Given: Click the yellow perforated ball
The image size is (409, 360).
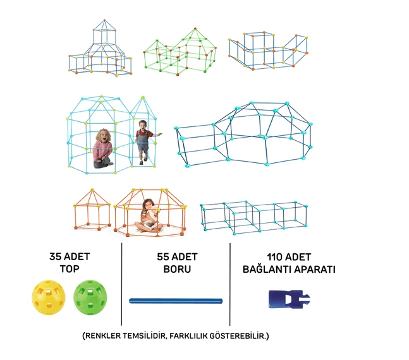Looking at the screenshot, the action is pos(49,297).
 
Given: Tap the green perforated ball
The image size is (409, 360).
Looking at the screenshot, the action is pos(90,297).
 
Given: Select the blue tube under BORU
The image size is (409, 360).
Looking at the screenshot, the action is pos(176,301).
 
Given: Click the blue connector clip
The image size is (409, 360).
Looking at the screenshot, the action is pos(290,299).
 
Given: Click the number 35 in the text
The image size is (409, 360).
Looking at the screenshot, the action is pos(55,256).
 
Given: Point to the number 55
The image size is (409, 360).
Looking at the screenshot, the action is pos(163,257).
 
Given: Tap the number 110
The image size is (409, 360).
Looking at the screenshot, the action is pos(274,257).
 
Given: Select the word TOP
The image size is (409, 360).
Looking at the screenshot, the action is pos(70,269).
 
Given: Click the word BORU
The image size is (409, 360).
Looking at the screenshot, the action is pos(178,269).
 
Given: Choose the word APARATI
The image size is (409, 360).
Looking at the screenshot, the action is pos(312,269).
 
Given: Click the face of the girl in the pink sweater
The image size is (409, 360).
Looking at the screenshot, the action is pos(104,136).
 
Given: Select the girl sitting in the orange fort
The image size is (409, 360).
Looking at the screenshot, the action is pos(149,216).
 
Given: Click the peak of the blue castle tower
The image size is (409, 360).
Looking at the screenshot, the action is pos(104,20).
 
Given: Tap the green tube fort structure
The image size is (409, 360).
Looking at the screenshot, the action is pos(180,52).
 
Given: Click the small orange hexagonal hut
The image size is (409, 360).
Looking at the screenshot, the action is pos(92,210).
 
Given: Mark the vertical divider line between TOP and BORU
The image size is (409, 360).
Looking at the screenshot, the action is pos(121,284).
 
